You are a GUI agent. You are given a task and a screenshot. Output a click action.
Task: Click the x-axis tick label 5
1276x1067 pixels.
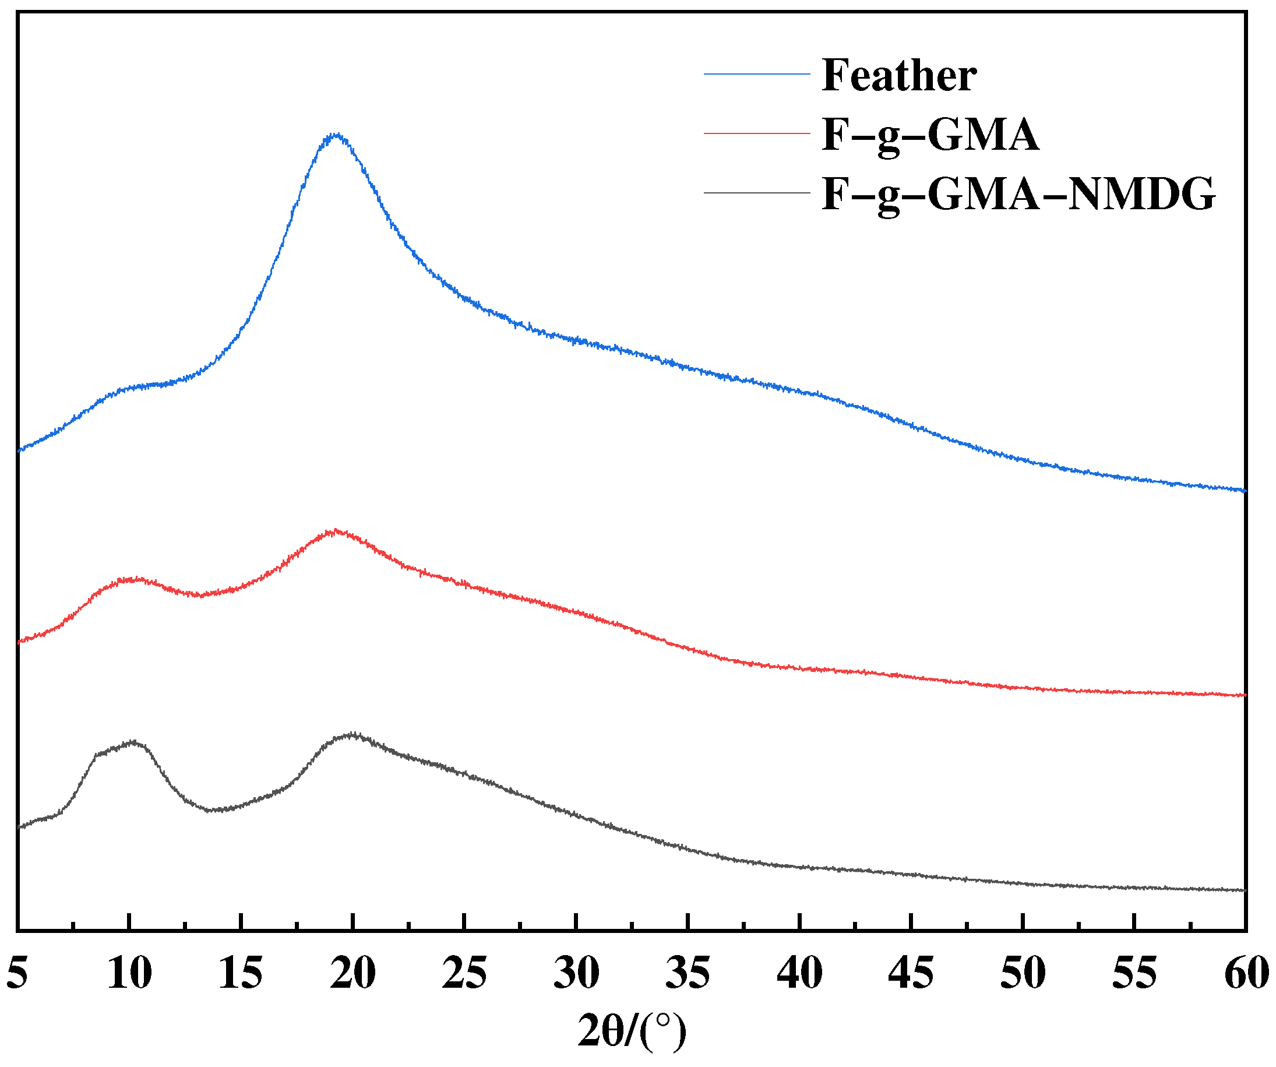17,973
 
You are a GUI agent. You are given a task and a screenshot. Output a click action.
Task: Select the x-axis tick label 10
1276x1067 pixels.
129,973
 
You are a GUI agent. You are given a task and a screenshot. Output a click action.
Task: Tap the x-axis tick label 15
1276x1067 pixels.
241,973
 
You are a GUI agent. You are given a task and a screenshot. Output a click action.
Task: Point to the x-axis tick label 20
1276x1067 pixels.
353,973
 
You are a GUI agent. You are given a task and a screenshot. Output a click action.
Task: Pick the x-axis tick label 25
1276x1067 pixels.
464,973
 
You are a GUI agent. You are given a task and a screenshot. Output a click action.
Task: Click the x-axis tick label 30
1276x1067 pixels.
576,973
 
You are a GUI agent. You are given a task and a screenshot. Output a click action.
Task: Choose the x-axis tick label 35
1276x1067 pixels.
688,973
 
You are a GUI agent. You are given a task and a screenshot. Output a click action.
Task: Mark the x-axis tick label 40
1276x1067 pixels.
799,973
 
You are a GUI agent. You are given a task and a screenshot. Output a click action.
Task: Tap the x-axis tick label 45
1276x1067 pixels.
911,973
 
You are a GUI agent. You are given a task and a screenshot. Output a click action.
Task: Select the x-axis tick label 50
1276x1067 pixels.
1023,973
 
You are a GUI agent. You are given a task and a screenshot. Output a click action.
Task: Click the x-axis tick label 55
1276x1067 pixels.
1134,973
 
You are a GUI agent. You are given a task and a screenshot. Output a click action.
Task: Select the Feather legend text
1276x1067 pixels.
899,75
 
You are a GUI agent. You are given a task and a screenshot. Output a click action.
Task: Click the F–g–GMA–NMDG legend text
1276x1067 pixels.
1018,194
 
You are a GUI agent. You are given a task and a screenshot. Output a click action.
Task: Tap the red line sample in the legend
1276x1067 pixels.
757,133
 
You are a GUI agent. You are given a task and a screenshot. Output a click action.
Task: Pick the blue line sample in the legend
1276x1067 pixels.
757,74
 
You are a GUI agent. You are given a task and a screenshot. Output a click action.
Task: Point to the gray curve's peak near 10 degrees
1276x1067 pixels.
133,742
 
